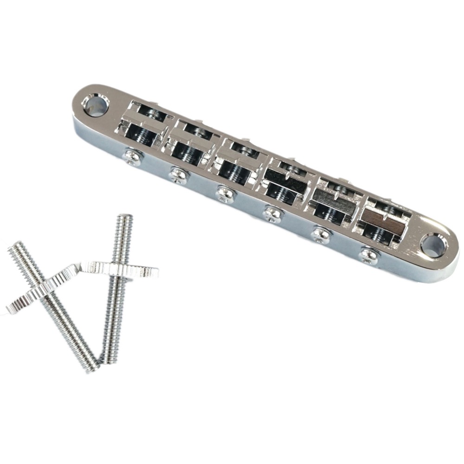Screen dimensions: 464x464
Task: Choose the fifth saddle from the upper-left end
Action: (333, 198)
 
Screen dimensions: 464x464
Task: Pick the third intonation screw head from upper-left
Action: (224, 193)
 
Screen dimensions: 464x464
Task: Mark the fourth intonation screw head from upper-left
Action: (271, 213)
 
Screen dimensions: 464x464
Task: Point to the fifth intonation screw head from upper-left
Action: (321, 233)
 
